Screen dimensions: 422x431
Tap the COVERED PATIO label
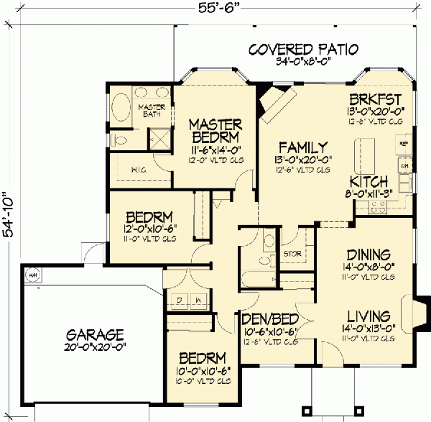click(x=302, y=50)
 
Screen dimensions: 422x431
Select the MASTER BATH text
click(x=152, y=111)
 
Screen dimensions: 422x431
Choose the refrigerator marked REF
click(x=404, y=144)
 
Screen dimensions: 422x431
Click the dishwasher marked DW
click(x=405, y=166)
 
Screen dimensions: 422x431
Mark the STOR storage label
click(x=292, y=254)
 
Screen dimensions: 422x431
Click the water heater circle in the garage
click(x=32, y=274)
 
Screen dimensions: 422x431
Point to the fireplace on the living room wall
click(x=420, y=313)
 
